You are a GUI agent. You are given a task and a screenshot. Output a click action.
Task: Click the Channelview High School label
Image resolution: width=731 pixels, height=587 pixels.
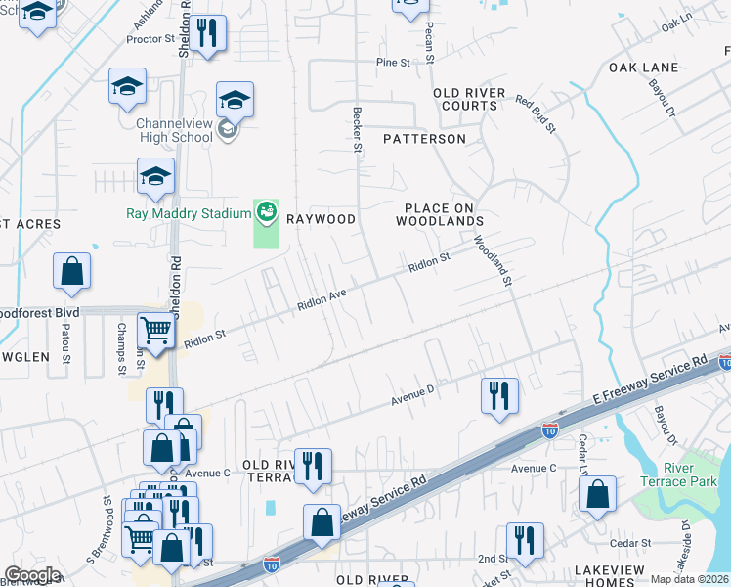(174, 130)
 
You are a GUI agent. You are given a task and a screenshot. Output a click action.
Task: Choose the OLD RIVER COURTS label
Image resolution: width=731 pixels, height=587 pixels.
(469, 99)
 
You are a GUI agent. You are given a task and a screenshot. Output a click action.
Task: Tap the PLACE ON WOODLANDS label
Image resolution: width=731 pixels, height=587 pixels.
(440, 214)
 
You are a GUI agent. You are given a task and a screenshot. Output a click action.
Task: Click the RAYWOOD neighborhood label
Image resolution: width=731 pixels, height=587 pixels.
(320, 219)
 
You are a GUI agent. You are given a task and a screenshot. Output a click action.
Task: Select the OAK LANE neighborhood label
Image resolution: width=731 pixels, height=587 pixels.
(643, 68)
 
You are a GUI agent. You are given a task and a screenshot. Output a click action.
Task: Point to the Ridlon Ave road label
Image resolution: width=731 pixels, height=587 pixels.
(323, 298)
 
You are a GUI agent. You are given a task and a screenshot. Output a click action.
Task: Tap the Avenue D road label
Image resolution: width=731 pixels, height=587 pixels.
(411, 394)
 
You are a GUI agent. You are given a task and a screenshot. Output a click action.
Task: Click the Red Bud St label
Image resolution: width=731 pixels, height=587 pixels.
(536, 114)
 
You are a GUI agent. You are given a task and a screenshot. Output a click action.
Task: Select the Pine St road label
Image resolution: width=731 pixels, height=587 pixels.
(393, 62)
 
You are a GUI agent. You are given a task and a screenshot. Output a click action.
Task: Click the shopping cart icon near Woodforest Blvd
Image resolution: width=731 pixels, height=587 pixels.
(156, 331)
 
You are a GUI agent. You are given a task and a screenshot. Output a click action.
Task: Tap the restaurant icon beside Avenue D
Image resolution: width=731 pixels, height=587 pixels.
(498, 395)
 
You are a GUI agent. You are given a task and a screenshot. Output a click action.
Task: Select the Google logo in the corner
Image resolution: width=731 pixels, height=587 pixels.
(32, 575)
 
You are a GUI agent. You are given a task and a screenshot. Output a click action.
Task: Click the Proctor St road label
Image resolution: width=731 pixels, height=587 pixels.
(150, 40)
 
